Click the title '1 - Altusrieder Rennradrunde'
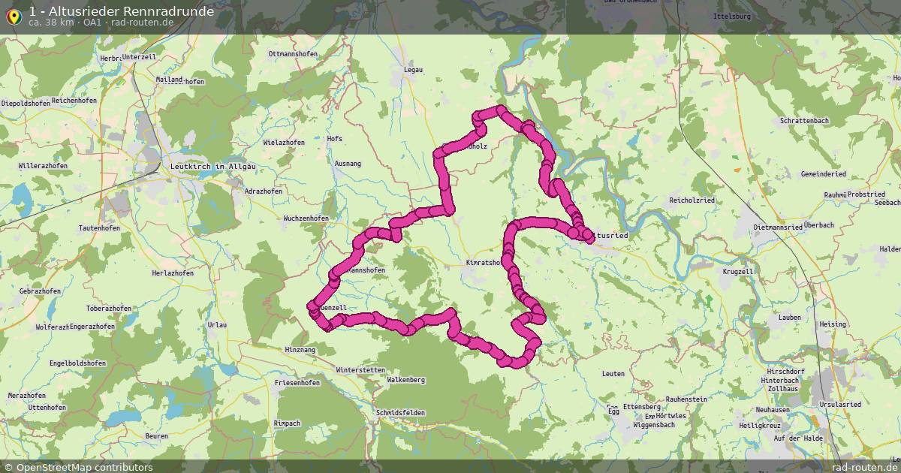121,11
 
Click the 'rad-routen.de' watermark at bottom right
864,467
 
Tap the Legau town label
413,70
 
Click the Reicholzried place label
692,200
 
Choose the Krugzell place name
737,271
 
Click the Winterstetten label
360,370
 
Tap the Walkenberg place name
405,380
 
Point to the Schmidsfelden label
401,413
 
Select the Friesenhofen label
297,383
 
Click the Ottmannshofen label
294,54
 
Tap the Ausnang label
348,164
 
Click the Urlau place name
217,324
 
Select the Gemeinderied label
824,174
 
